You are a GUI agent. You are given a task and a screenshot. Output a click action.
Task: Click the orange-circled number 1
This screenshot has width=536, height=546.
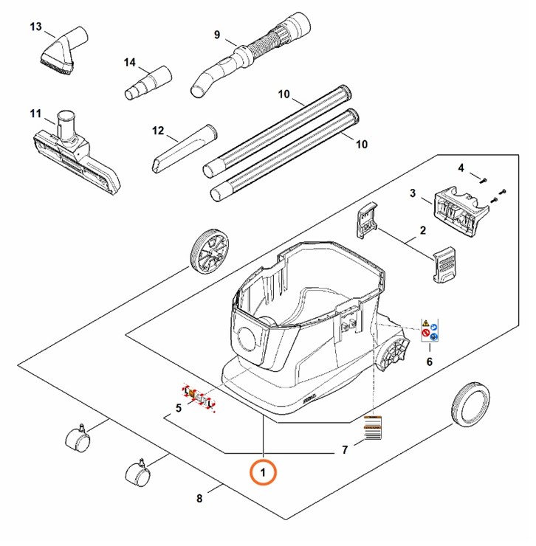point(264,469)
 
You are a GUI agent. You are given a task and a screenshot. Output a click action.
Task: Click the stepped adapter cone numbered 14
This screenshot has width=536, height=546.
point(146,83)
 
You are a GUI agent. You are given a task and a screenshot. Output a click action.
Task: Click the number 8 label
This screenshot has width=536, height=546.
point(199,499)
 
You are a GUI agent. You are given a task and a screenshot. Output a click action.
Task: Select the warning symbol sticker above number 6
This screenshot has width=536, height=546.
point(430,330)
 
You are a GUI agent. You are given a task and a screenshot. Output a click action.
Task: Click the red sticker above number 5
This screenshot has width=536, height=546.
point(197,398)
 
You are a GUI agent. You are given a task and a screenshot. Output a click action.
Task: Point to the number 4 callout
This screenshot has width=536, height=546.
point(461,168)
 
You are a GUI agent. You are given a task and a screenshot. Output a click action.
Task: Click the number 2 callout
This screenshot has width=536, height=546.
point(423,231)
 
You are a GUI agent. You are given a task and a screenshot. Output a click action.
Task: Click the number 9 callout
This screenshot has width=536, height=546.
point(217,35)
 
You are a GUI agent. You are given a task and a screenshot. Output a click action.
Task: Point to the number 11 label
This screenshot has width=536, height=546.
point(35,113)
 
